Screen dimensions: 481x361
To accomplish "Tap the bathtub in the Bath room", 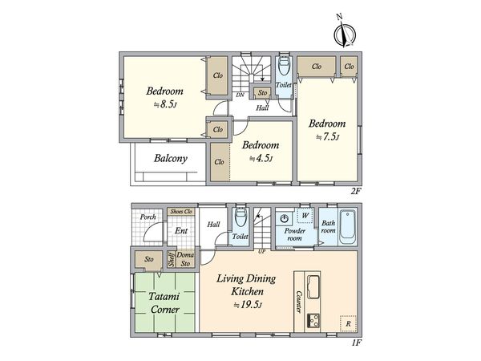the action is click(x=348, y=227).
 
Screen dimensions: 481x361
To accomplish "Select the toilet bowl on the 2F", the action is click(x=283, y=65).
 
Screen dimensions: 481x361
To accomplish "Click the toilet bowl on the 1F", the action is click(x=240, y=218).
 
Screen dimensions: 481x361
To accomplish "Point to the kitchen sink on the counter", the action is click(x=313, y=287).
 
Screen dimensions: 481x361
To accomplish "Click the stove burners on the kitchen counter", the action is click(x=313, y=321).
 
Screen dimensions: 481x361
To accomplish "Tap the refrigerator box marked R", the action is click(x=348, y=323).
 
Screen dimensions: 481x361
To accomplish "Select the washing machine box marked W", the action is click(x=305, y=216).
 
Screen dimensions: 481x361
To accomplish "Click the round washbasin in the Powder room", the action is click(x=285, y=219).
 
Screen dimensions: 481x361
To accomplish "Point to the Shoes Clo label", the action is click(x=181, y=212).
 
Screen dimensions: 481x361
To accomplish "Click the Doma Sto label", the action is click(x=185, y=259).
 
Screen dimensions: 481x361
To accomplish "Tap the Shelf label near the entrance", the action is click(x=172, y=259).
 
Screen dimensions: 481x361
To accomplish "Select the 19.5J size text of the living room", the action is click(x=248, y=305).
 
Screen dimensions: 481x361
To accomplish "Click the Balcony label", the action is click(x=171, y=158).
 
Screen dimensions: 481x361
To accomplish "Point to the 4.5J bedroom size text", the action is click(x=261, y=158).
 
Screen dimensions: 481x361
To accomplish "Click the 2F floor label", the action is click(x=356, y=191).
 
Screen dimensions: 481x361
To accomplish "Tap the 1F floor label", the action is click(x=356, y=343).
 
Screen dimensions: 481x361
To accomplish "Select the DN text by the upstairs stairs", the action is click(x=240, y=95).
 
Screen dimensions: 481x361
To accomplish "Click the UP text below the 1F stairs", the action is click(x=261, y=252).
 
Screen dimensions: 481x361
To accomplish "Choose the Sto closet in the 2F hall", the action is click(x=262, y=93).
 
